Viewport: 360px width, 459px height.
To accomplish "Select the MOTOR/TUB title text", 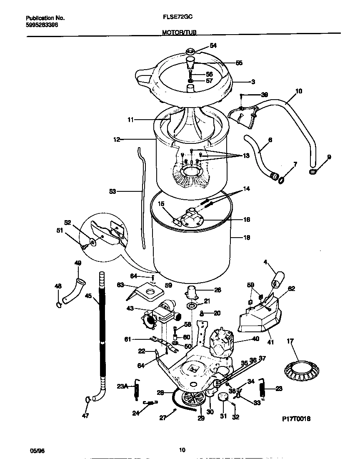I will click(180, 32).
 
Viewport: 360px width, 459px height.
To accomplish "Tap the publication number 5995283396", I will click(42, 25).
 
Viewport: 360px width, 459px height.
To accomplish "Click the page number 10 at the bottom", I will click(182, 450).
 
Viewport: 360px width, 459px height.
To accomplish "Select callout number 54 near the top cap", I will click(213, 46).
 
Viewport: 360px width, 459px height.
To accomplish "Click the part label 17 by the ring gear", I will click(290, 341).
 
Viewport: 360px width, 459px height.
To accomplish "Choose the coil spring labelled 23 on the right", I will click(262, 389).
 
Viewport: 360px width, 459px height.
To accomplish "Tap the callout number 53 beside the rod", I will click(112, 191).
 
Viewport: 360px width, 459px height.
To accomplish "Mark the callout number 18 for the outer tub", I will click(247, 238).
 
